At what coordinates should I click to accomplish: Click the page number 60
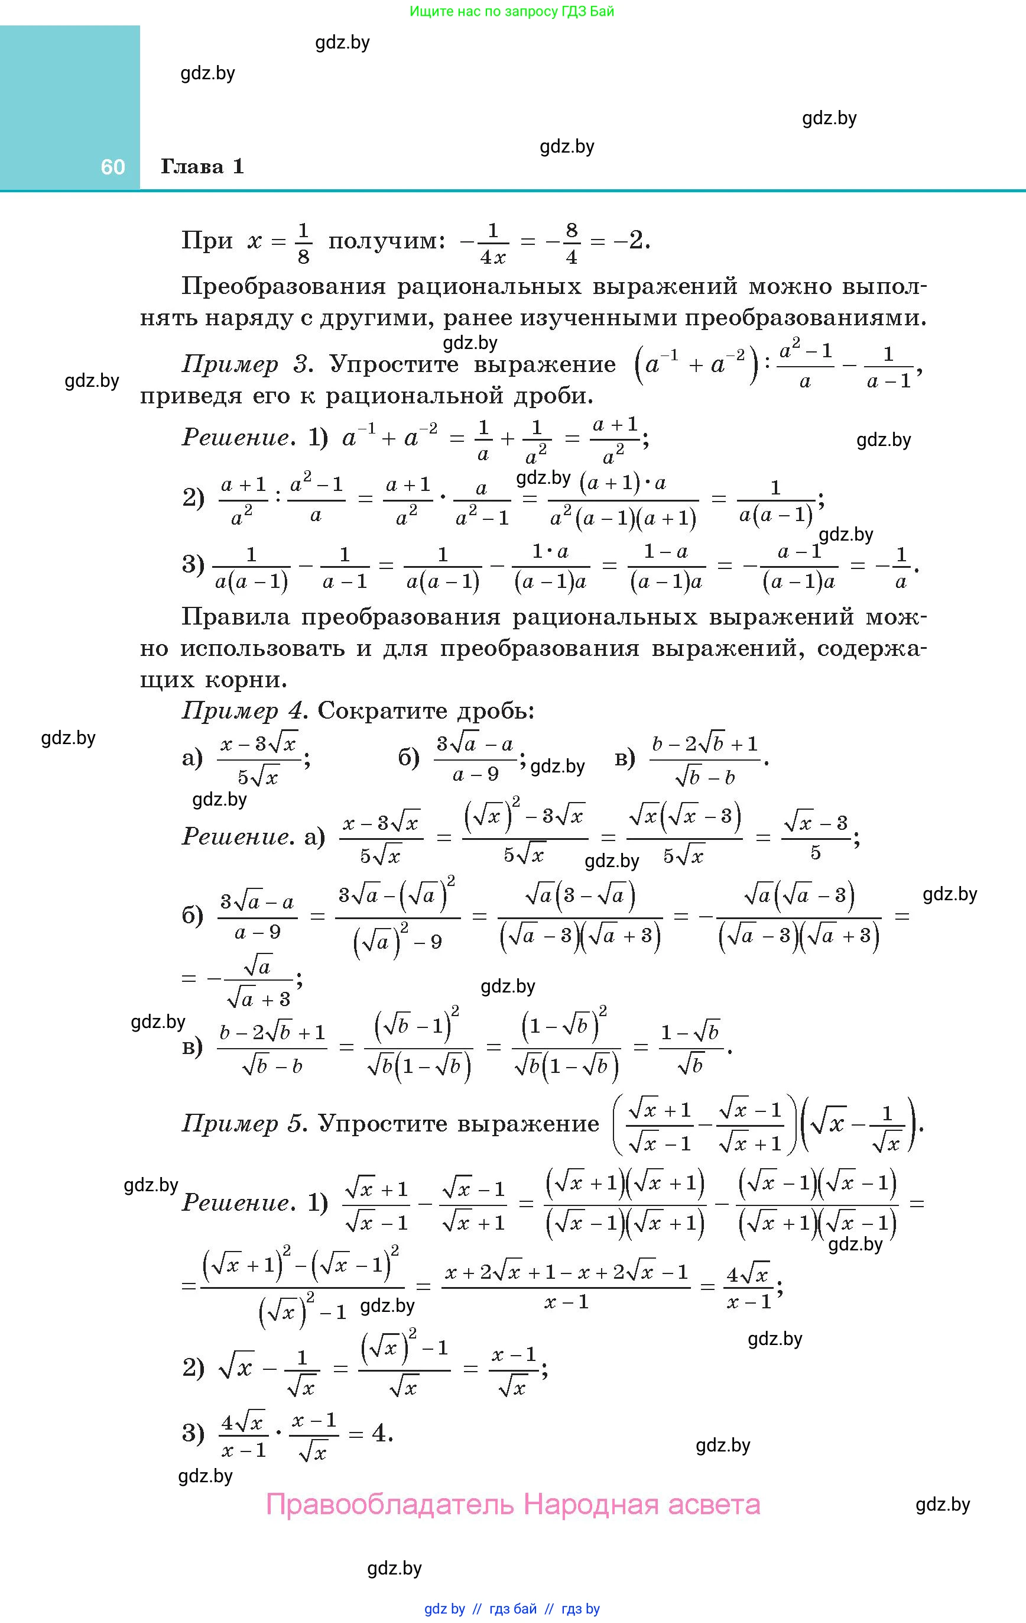tap(112, 167)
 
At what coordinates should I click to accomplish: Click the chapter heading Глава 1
tap(202, 166)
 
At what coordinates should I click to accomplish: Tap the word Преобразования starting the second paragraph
tap(284, 286)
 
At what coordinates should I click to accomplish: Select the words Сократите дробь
tap(426, 711)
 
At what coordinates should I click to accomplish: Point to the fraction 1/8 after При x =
tap(303, 243)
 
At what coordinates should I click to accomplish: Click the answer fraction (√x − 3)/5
tap(815, 837)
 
